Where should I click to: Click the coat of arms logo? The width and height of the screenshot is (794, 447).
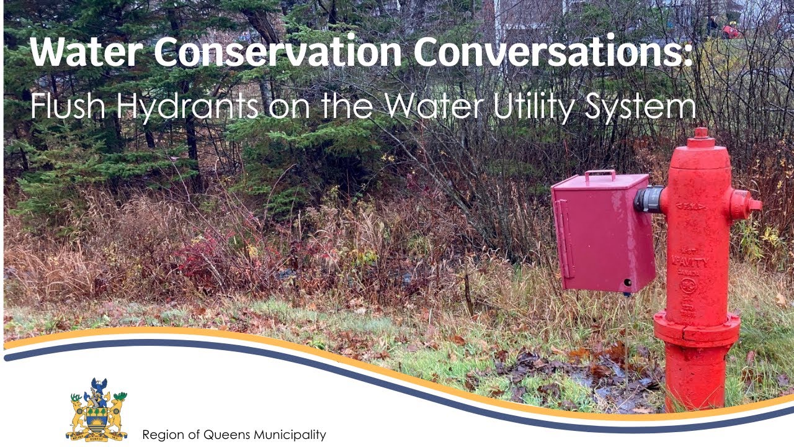coord(97,410)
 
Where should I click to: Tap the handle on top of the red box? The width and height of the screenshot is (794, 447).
coord(600,174)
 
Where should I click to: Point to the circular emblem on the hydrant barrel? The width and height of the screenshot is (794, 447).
coord(688,286)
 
